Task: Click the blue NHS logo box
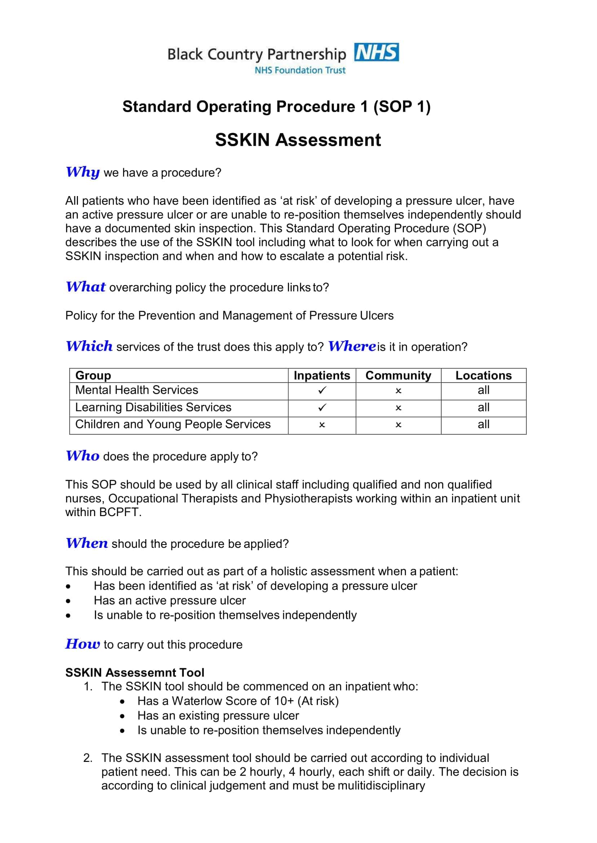coord(376,52)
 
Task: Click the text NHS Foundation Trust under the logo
coord(300,70)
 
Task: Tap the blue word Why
coord(83,172)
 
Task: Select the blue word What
coord(85,287)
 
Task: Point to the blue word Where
coord(351,346)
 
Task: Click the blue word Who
coord(83,456)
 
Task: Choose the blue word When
coord(87,543)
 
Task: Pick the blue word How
coord(83,644)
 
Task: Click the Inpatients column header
coord(322,376)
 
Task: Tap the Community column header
coord(398,376)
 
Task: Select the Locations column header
coord(483,376)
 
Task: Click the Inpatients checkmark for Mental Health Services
coord(322,390)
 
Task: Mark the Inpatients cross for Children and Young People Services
coord(322,425)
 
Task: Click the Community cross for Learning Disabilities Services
coord(398,408)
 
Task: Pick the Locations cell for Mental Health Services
coord(483,390)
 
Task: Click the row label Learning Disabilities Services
coord(153,407)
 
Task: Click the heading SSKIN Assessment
coord(298,140)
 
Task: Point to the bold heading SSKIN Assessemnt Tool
coord(135,672)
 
